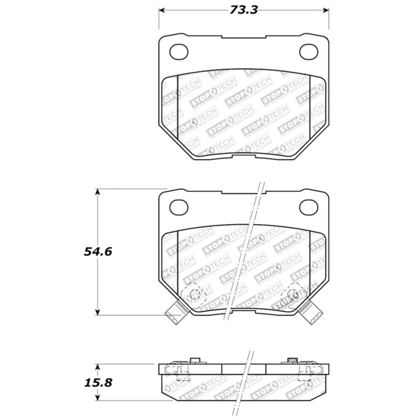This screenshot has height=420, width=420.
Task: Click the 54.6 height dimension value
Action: [98, 251]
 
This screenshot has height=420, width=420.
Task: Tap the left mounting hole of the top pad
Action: [180, 51]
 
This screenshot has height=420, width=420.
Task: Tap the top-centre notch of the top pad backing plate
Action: [244, 37]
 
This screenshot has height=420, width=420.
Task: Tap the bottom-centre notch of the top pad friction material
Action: [244, 152]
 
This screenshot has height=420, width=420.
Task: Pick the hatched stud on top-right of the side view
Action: [292, 360]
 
